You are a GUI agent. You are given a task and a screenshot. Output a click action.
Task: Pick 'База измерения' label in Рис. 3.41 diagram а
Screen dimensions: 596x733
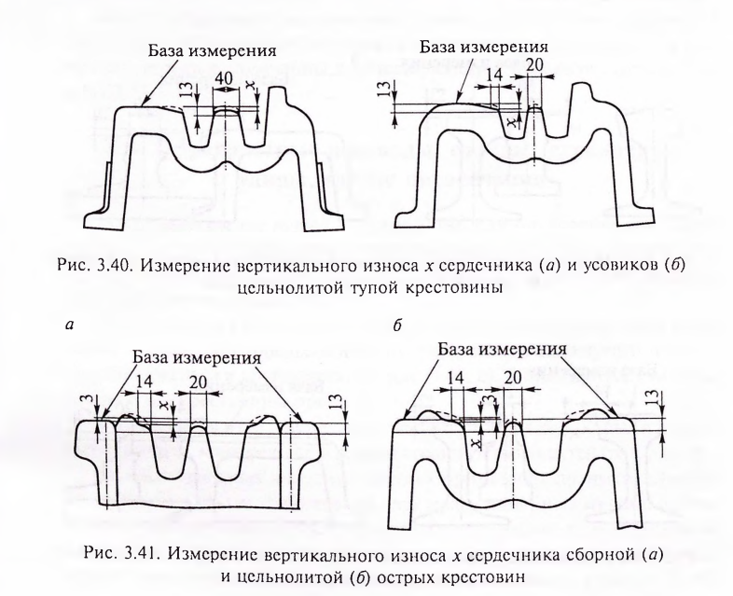click(197, 358)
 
